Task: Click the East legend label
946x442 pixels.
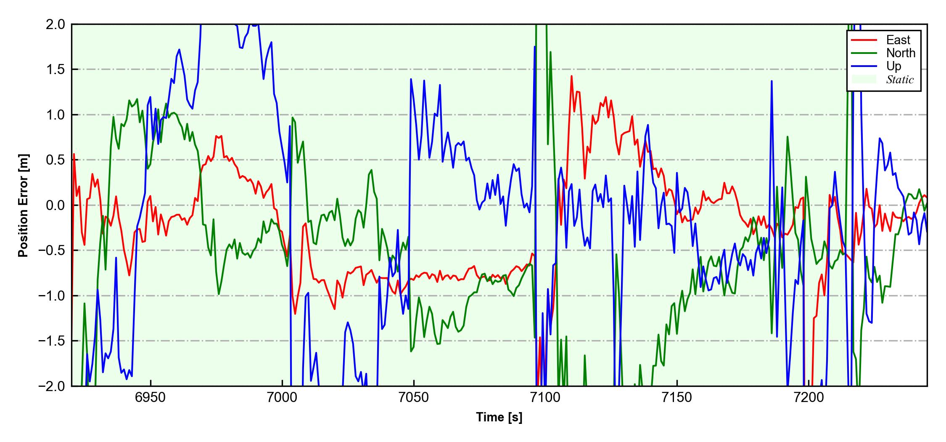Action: click(x=898, y=40)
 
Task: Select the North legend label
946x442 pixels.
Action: click(x=901, y=53)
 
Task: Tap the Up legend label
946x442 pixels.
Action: click(x=894, y=66)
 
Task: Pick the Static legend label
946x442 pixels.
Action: click(x=900, y=80)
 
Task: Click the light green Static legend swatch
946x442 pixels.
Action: click(x=864, y=80)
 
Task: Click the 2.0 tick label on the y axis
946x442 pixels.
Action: click(x=55, y=24)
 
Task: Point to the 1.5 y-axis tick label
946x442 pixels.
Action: click(x=55, y=69)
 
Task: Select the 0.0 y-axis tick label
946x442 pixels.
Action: click(x=55, y=205)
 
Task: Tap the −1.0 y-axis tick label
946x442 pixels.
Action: click(x=52, y=296)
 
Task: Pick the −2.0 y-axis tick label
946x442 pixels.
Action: click(x=52, y=386)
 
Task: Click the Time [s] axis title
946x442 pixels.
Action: click(x=499, y=418)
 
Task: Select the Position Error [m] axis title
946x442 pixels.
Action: click(x=24, y=205)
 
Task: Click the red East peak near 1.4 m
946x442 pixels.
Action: click(x=571, y=77)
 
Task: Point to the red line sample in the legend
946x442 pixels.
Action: click(x=864, y=40)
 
